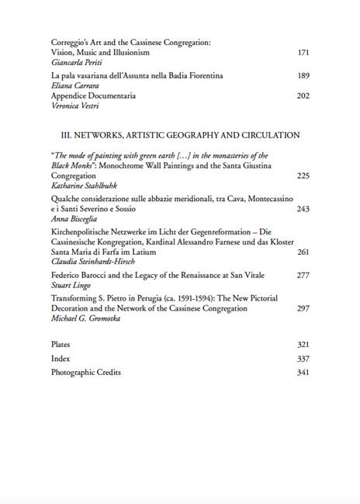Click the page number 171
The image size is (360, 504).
[x=303, y=53]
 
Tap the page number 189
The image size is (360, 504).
[x=303, y=76]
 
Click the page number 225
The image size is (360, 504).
[x=303, y=176]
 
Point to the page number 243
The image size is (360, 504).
[x=303, y=210]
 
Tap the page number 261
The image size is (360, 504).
[x=303, y=252]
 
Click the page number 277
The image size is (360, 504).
[x=303, y=276]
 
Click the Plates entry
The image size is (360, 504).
[x=61, y=344]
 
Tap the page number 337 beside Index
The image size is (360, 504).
[x=303, y=359]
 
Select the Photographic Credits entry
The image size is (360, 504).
[x=83, y=373]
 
